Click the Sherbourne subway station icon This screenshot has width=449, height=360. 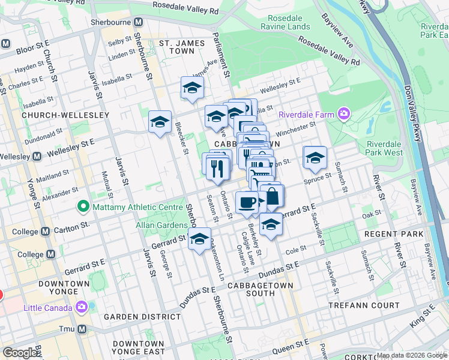click(139, 22)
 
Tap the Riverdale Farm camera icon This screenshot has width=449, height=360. click(343, 113)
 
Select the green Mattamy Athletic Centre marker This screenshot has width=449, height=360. click(82, 207)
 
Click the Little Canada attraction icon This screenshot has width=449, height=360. click(82, 308)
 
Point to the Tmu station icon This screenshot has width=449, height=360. click(82, 329)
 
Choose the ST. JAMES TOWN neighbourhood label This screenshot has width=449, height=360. click(177, 47)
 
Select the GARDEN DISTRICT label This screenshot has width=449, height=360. click(134, 316)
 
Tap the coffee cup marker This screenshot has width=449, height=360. click(247, 202)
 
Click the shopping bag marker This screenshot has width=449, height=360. click(272, 196)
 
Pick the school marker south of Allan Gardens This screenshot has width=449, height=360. click(199, 239)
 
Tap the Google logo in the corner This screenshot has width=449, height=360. click(20, 353)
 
